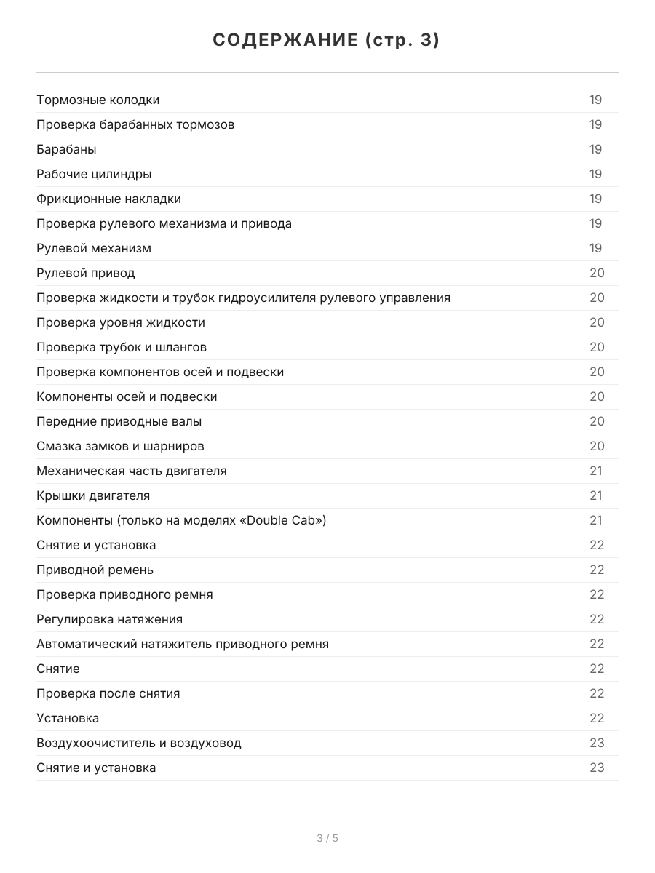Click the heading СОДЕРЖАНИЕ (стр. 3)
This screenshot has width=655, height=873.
click(327, 41)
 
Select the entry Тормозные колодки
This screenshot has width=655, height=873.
click(98, 100)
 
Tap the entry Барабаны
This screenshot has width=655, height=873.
click(66, 149)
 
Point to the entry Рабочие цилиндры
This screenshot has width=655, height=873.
click(94, 174)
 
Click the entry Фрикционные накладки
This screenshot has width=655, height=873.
click(108, 199)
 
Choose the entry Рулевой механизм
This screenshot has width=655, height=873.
click(94, 248)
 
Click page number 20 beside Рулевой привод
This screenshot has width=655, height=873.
click(597, 273)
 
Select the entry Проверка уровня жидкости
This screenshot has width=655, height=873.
click(121, 322)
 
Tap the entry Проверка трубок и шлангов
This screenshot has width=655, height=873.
click(122, 347)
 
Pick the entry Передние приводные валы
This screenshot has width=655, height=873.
click(119, 421)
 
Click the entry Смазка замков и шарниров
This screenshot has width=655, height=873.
click(120, 446)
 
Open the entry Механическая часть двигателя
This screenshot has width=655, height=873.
click(132, 471)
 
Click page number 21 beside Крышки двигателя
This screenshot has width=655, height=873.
click(596, 495)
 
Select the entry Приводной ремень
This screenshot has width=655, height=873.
click(95, 570)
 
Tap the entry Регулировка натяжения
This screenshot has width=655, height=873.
click(109, 619)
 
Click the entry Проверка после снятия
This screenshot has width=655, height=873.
click(108, 693)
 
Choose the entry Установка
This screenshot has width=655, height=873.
click(68, 718)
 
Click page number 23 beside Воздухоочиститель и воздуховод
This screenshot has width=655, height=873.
click(597, 743)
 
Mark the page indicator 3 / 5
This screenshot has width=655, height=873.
click(327, 838)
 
